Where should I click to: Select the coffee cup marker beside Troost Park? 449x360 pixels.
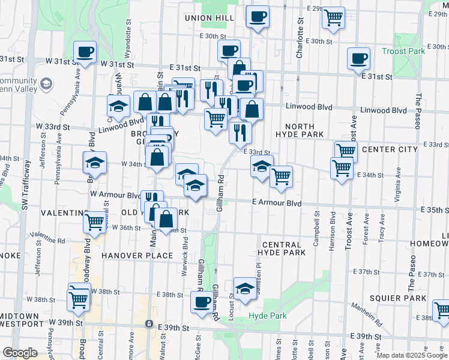tap(359, 59)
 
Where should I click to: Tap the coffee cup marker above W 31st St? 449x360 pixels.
tap(85, 52)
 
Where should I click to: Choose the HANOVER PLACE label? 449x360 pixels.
tap(129, 255)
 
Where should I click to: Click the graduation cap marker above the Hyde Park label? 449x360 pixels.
tap(244, 289)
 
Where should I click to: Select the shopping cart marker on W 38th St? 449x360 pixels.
tap(79, 297)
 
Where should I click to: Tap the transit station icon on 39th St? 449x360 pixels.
tap(149, 324)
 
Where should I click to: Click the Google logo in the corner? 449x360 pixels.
tap(20, 353)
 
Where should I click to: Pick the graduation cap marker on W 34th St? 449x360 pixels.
tap(95, 163)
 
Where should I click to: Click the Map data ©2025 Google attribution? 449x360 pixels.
tap(412, 355)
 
